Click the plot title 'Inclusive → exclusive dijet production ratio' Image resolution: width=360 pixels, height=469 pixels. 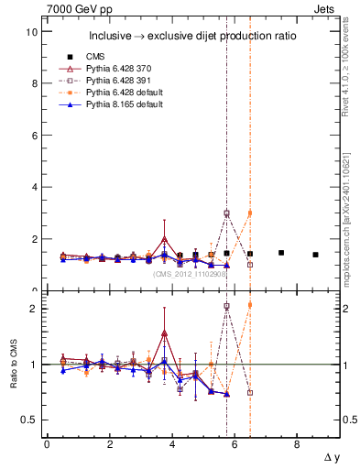tap(192, 37)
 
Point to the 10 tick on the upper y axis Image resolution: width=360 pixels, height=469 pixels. tap(31, 31)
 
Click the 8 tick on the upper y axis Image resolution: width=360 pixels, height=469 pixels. tap(34, 83)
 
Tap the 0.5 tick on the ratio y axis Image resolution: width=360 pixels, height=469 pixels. tap(29, 420)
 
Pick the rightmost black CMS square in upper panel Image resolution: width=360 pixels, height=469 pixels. tap(315, 255)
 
